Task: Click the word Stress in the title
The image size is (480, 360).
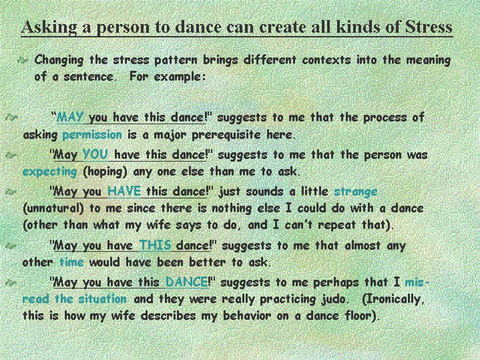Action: tap(429, 27)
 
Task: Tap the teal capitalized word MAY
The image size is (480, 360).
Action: tap(70, 117)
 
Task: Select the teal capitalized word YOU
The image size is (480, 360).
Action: tap(95, 154)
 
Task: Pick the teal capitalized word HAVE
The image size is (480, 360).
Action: tap(124, 191)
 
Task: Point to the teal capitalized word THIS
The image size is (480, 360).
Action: tap(155, 245)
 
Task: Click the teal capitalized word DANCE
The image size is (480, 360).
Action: tap(187, 282)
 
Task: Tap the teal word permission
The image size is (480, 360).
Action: tap(92, 135)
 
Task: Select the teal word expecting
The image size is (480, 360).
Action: tap(49, 172)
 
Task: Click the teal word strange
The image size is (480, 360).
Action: tap(355, 192)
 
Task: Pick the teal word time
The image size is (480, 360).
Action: tap(71, 262)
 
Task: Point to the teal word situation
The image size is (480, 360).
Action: tap(103, 299)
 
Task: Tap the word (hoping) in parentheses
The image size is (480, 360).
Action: tap(105, 172)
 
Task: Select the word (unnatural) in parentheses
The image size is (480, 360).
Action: tap(53, 208)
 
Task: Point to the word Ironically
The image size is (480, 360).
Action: tap(392, 299)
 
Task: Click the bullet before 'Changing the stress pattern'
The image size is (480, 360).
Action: tap(23, 60)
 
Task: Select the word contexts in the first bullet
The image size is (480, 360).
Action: tap(326, 59)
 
